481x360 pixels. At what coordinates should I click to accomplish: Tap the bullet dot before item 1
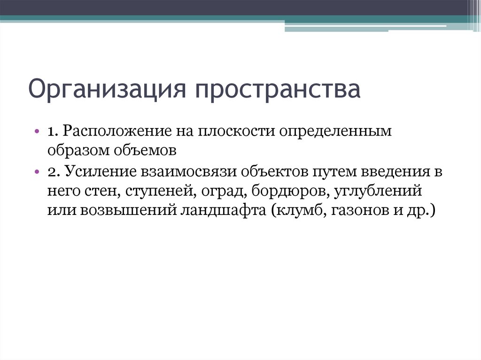[38, 131]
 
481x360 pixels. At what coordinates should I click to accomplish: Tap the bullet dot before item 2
[38, 171]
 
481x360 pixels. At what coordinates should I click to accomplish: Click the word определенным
[336, 132]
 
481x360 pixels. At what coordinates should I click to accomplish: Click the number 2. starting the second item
[53, 171]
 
